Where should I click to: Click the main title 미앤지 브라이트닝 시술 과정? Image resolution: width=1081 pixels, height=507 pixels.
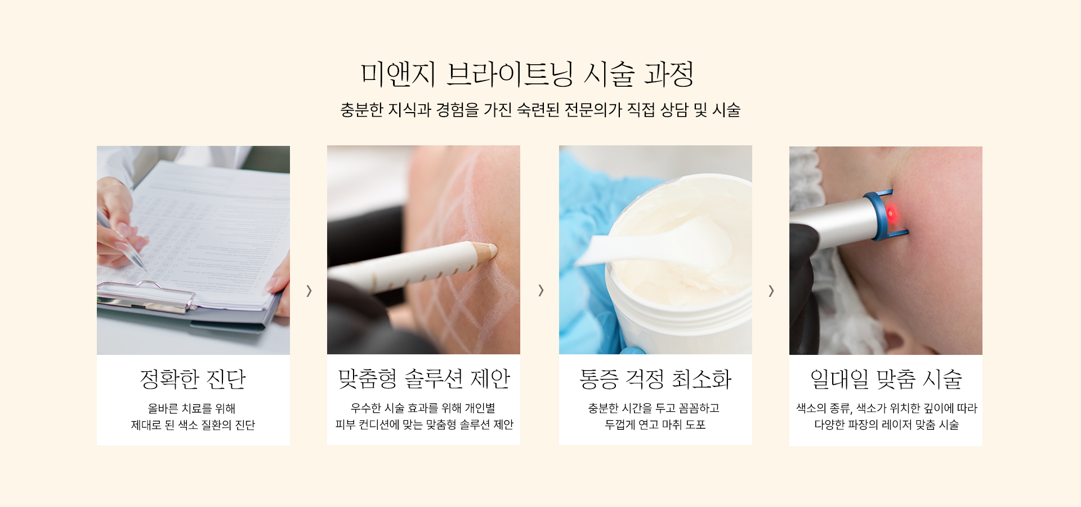527,74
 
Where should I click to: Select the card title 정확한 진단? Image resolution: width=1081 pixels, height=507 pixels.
193,379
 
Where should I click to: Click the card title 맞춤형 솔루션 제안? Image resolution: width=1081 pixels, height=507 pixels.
424,379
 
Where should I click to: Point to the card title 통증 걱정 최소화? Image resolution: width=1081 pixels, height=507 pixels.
655,379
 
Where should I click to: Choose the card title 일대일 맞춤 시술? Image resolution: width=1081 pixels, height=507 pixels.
886,379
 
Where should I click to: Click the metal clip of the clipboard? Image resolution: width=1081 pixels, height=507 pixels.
146,296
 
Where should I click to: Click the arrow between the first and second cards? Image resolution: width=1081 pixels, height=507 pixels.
309,291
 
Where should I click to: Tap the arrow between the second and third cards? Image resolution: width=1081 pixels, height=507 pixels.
540,290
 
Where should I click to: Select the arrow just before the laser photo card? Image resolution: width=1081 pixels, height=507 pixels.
771,291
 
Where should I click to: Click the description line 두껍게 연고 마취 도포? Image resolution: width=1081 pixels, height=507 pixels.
655,425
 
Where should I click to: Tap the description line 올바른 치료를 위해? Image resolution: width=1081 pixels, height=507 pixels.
191,408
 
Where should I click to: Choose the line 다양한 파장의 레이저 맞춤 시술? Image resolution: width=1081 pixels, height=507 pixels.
886,425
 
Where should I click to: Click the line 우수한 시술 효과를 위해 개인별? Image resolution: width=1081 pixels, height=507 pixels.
423,408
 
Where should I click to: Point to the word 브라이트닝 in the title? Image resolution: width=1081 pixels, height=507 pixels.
510,74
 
